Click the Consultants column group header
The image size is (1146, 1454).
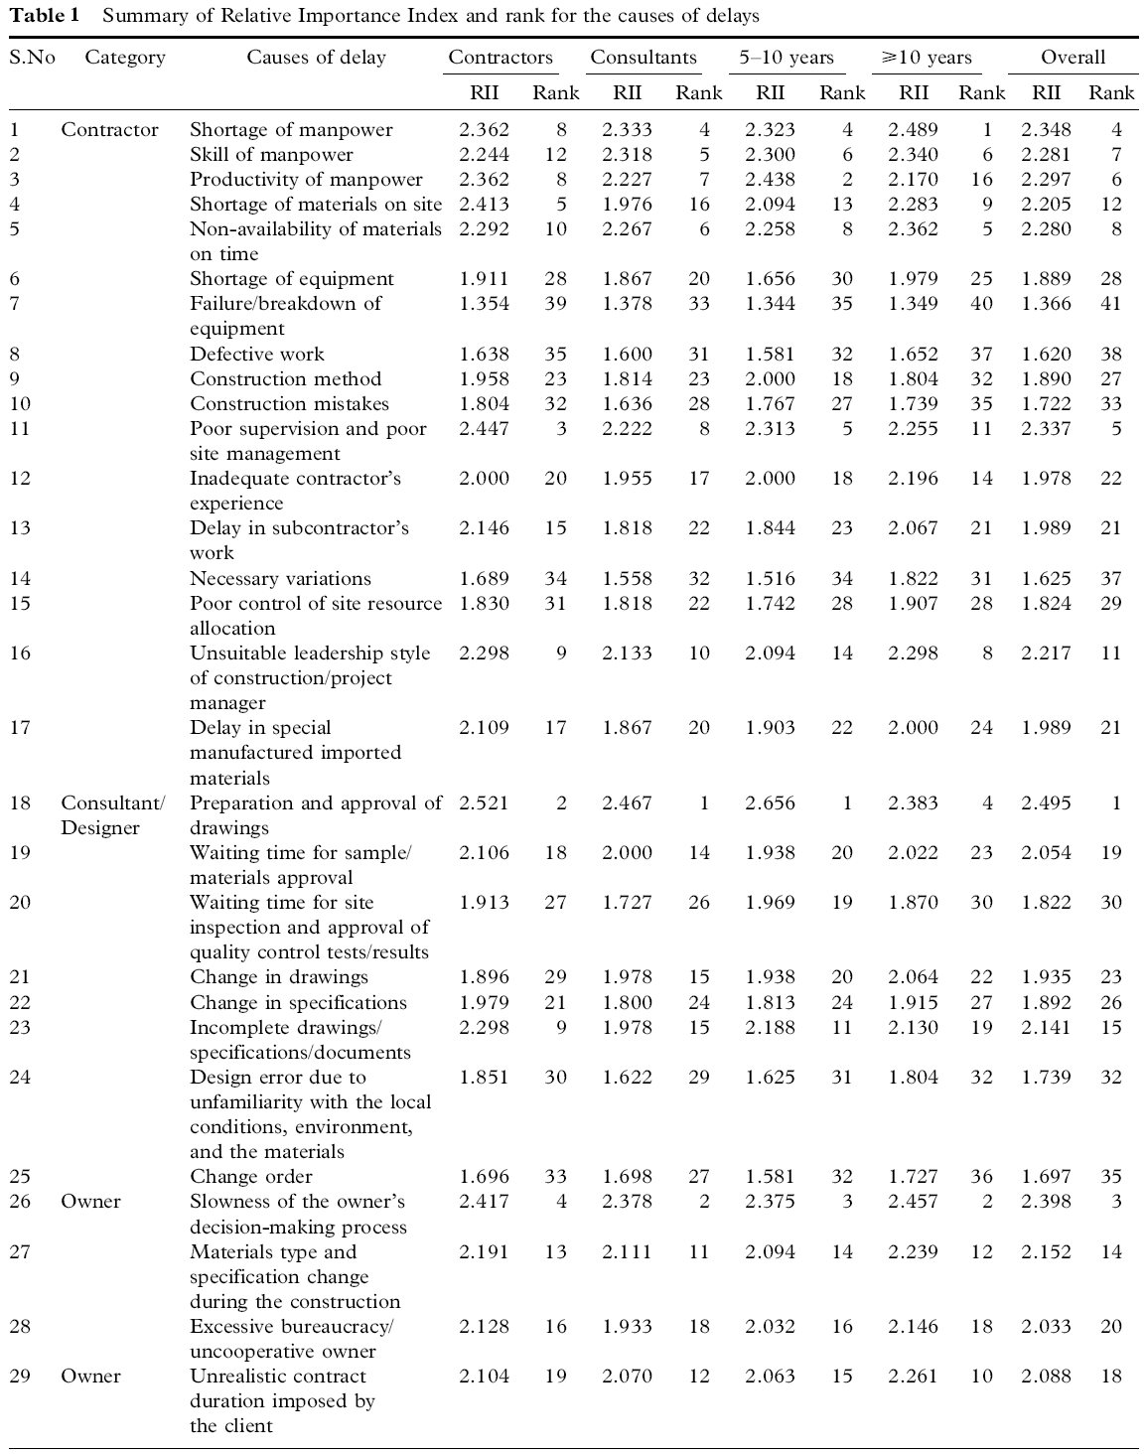[644, 58]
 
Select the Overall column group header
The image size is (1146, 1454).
[1073, 58]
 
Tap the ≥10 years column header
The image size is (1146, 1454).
[926, 58]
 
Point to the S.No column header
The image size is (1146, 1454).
[32, 58]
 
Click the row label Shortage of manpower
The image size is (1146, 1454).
[291, 130]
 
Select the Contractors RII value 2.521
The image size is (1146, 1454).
[484, 802]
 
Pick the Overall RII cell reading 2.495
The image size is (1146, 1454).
[1046, 802]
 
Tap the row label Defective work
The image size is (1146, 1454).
[256, 355]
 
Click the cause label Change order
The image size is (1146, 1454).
[250, 1177]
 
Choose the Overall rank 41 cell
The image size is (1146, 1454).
[1110, 304]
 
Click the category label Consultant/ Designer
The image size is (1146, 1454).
[112, 815]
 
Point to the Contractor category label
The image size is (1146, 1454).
[109, 130]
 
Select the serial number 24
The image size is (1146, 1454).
[20, 1078]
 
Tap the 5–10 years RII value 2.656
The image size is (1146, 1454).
[771, 802]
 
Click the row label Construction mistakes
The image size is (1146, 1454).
[289, 404]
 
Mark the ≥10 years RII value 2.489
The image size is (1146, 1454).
[913, 130]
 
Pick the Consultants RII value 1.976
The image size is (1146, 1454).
[627, 205]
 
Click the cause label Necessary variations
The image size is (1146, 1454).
[280, 579]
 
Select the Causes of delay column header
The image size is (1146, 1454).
[316, 58]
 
